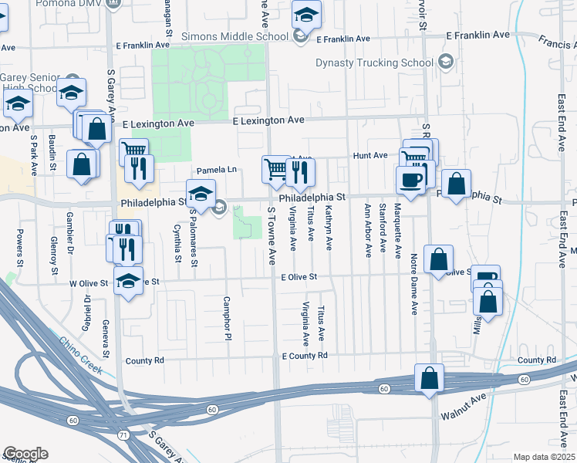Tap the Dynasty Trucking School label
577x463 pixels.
tap(374, 63)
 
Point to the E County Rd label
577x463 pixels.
tap(305, 356)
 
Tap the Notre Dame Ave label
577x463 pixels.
tap(414, 285)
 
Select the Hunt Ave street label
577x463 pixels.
tap(369, 155)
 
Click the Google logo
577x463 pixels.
tap(25, 453)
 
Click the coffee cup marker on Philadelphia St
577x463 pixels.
tap(410, 180)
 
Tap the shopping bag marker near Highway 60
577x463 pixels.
tap(429, 379)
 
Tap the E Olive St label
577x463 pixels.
tap(299, 276)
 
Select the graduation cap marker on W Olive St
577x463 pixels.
tap(128, 282)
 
